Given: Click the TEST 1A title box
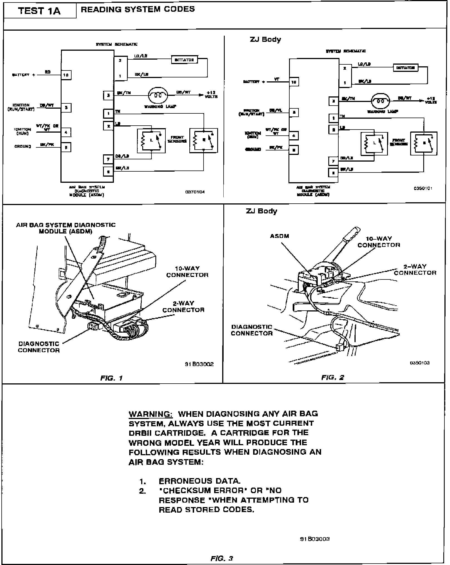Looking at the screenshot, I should (39, 11).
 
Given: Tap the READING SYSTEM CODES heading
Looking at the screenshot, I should (138, 9).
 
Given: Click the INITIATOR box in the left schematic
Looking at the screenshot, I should (184, 59).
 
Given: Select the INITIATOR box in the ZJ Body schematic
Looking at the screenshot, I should (405, 68).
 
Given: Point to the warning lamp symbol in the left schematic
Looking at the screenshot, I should (158, 95).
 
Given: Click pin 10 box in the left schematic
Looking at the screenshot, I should (66, 75).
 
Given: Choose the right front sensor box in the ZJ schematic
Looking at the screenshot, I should (424, 143).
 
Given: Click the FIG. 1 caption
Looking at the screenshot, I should (111, 378).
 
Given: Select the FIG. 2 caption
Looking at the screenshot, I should (332, 378).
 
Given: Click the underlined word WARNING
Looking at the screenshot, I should (151, 414).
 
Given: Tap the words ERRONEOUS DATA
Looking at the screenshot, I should (199, 481).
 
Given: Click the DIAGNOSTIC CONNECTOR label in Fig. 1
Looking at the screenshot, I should (39, 347).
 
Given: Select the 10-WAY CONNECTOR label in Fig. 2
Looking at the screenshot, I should (379, 242).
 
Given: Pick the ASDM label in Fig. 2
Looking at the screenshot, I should (280, 236).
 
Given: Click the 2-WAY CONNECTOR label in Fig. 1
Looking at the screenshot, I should (183, 306).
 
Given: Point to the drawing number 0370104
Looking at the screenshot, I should (195, 192).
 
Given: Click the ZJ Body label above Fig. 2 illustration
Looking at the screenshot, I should (261, 211).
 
